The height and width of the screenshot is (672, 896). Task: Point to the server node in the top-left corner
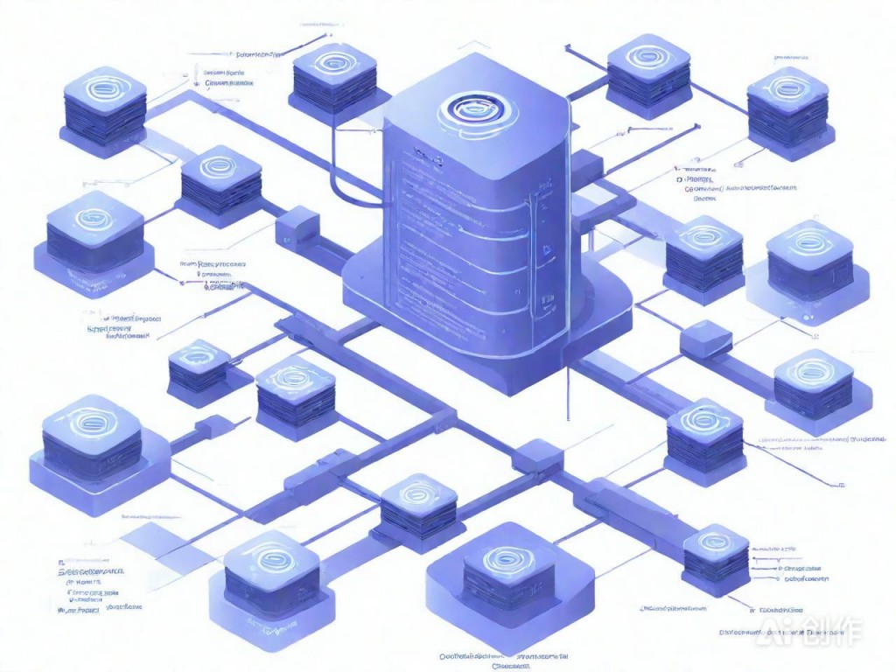pos(103,114)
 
